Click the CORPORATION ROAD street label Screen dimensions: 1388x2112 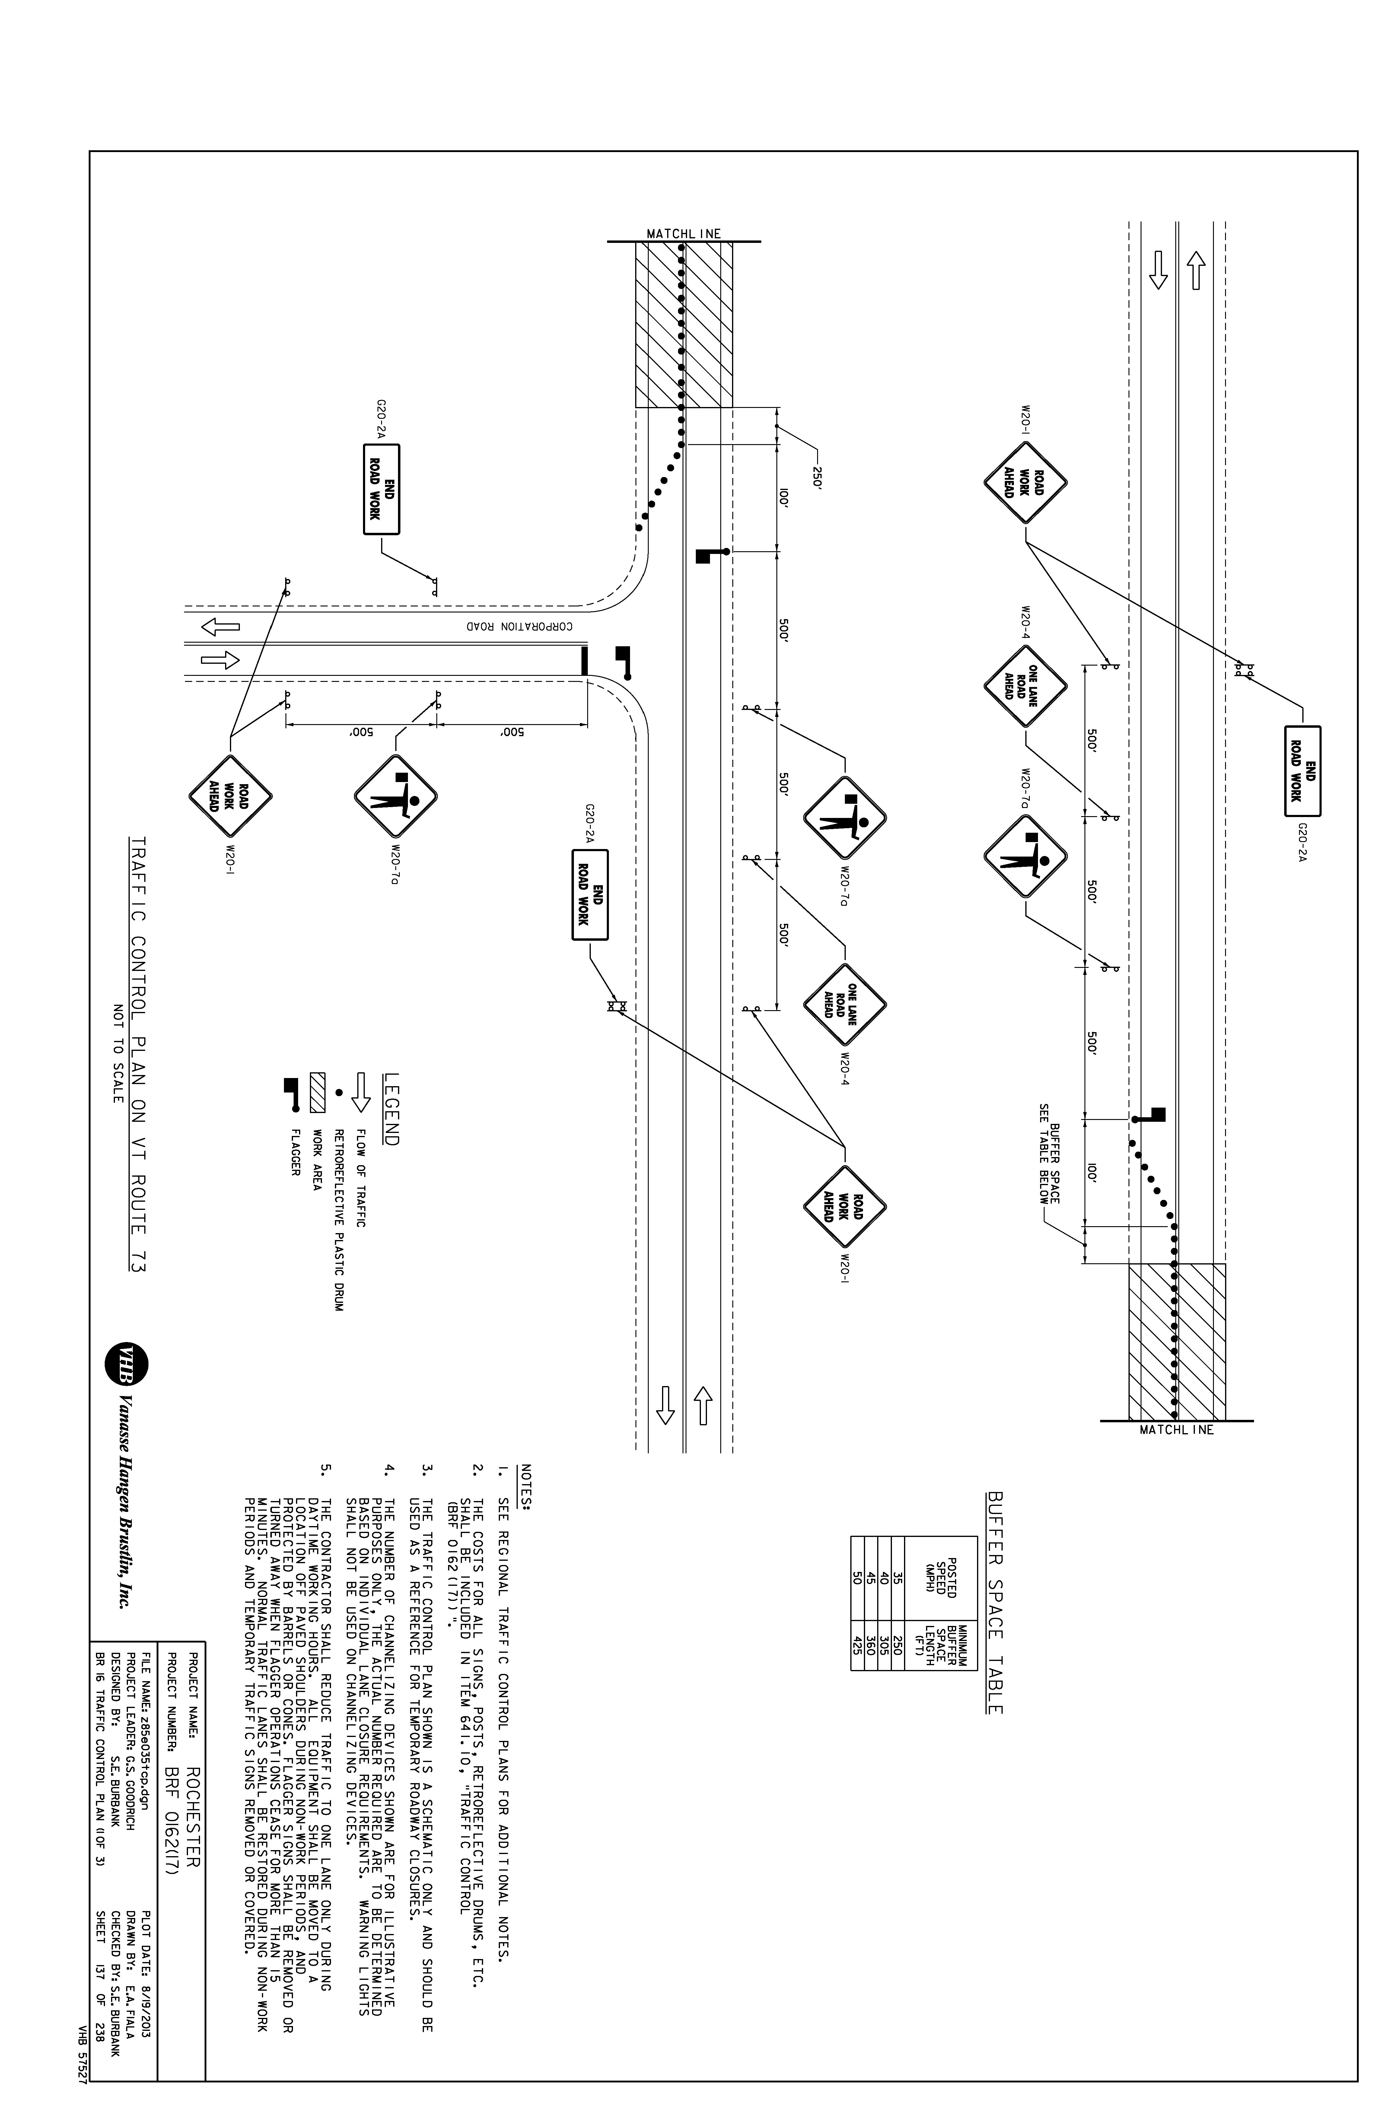(x=520, y=626)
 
